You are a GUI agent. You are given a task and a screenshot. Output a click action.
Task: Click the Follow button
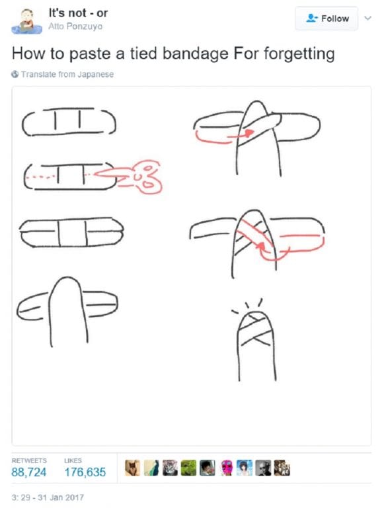point(328,19)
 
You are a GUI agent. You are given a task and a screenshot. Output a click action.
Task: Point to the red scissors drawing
point(135,176)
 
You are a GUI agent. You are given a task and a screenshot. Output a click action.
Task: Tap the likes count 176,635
point(85,472)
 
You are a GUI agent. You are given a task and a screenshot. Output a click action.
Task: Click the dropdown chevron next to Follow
point(368,19)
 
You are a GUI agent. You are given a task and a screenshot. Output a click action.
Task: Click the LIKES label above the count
point(73,460)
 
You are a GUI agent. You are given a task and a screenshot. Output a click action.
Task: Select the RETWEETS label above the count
point(28,460)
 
